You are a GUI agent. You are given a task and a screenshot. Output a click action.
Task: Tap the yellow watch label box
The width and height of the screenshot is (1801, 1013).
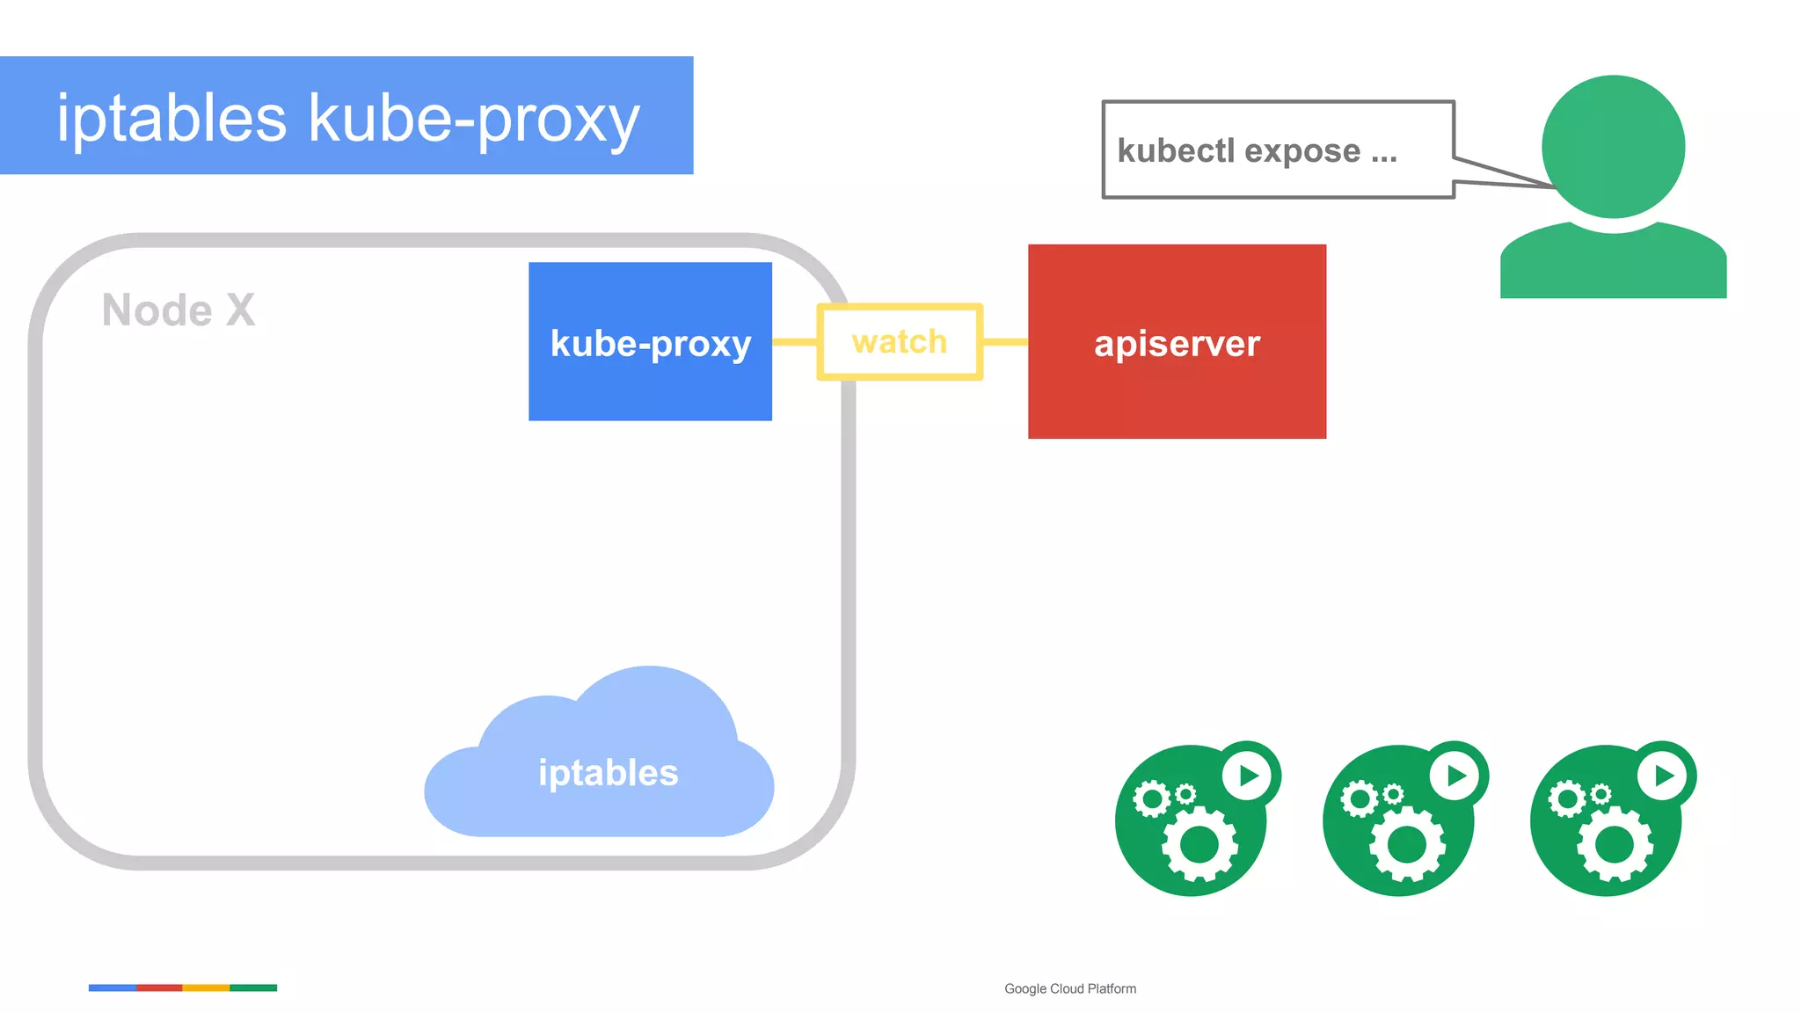[900, 341]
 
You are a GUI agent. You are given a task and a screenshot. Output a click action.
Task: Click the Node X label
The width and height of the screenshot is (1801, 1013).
[179, 310]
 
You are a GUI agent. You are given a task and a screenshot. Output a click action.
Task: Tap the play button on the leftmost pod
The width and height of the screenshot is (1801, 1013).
[1249, 776]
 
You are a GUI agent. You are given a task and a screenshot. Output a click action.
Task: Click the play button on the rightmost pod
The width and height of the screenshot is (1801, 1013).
[1664, 776]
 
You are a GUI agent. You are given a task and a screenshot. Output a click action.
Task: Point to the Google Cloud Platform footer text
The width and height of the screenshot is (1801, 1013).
[1070, 988]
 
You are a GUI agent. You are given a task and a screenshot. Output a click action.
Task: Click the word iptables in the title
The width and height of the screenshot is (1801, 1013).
[171, 118]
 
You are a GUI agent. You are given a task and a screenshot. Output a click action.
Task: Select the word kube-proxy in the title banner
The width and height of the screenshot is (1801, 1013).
[474, 120]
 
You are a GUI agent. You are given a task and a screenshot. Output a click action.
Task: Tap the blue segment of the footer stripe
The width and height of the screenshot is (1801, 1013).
[113, 987]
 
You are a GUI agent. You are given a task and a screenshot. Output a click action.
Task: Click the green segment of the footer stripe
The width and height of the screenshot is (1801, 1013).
[253, 987]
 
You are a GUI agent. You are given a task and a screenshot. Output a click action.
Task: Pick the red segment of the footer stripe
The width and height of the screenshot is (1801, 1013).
[159, 987]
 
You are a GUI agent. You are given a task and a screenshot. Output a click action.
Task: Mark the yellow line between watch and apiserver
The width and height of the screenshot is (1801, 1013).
[1004, 341]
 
